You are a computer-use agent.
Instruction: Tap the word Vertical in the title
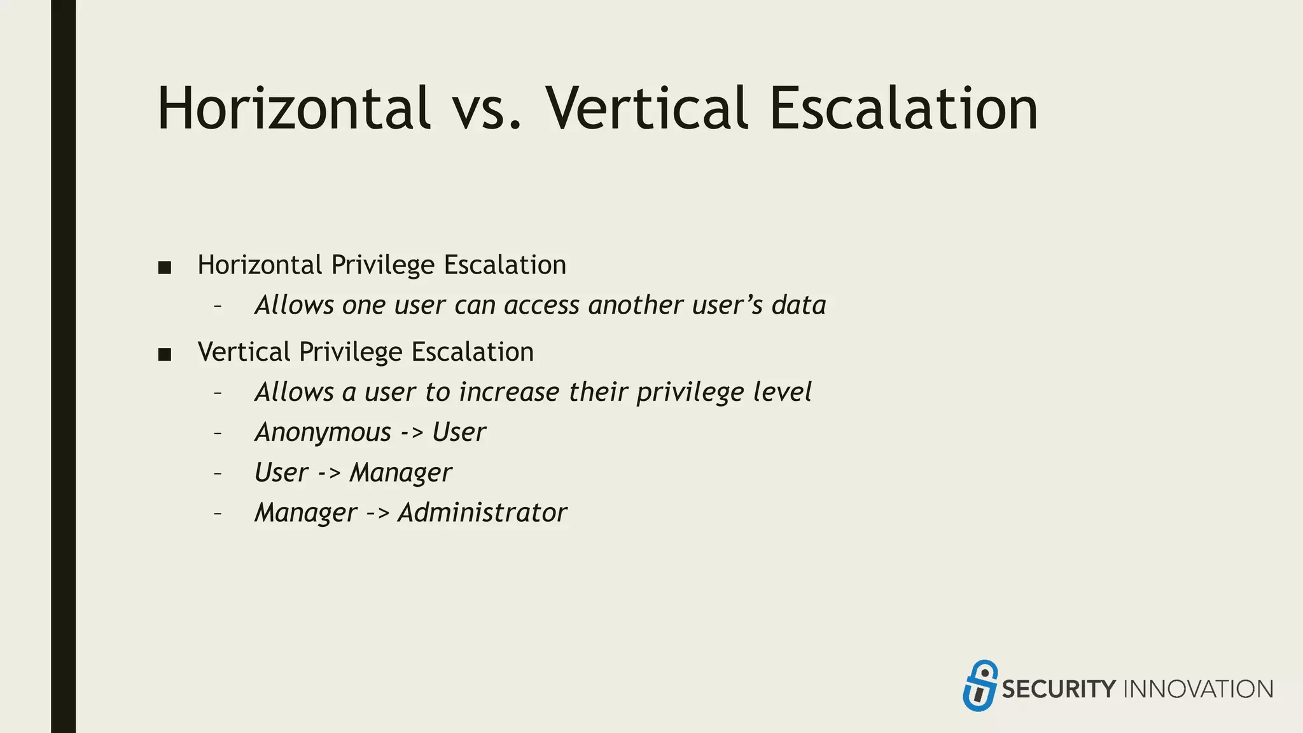(x=646, y=109)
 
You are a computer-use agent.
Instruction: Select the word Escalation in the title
(x=903, y=109)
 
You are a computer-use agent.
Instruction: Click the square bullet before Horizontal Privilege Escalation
(x=165, y=268)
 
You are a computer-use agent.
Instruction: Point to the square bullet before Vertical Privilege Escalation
(x=165, y=355)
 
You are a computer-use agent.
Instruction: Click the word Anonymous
(x=323, y=433)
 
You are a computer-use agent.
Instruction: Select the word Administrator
(x=482, y=513)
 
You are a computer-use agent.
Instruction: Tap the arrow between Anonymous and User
(x=412, y=433)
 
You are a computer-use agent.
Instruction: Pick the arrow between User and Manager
(x=329, y=473)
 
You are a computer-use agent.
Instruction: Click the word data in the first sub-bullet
(x=798, y=305)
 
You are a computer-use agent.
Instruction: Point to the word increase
(x=509, y=393)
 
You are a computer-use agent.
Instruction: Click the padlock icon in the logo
(x=980, y=685)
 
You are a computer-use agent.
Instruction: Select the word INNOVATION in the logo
(x=1199, y=690)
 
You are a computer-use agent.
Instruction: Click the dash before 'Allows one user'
(x=218, y=307)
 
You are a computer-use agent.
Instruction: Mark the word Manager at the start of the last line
(x=305, y=513)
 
